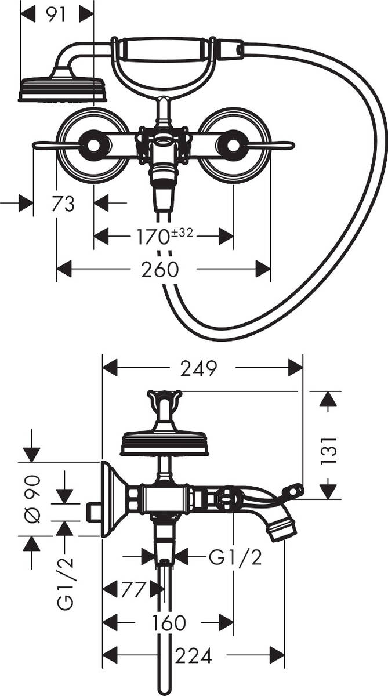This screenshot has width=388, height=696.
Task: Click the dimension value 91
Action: tap(56, 14)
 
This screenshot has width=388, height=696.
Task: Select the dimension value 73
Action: tap(63, 204)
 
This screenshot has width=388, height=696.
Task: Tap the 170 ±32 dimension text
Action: tap(164, 236)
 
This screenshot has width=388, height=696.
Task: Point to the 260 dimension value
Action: tap(159, 269)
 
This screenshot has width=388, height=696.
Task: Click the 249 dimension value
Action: tap(198, 368)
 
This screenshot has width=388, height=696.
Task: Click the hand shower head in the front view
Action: tap(63, 89)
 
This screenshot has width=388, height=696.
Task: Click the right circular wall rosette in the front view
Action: tap(233, 145)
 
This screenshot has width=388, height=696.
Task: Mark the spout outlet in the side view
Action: tap(282, 529)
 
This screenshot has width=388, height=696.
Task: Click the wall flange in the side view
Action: tap(111, 499)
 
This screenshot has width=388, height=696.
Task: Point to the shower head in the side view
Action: tap(164, 443)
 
